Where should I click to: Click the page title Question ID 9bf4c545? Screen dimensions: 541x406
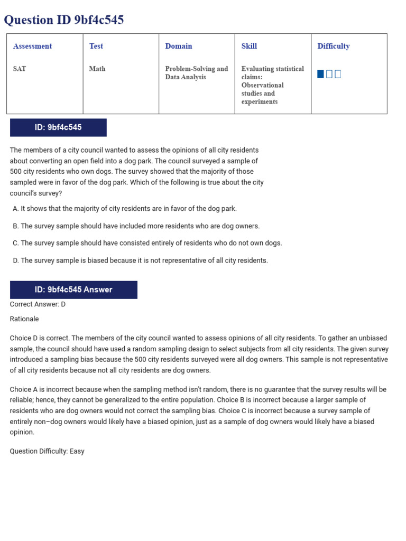(64, 20)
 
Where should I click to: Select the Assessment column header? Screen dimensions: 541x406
(32, 46)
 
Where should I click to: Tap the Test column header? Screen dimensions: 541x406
(96, 46)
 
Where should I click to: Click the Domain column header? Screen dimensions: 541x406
(179, 46)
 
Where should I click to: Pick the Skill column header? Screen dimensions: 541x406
(249, 46)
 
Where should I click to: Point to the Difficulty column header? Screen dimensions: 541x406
(334, 46)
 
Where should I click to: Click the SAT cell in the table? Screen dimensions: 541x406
(20, 69)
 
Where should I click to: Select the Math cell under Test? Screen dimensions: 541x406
(97, 69)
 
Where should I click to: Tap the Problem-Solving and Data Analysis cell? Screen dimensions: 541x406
(196, 73)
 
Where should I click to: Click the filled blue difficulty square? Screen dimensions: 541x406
(320, 74)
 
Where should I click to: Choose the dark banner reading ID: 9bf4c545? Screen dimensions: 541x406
(58, 128)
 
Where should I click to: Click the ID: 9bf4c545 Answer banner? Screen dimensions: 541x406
(73, 290)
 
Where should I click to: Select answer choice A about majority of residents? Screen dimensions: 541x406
(125, 209)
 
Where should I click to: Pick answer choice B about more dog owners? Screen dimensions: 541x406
(136, 226)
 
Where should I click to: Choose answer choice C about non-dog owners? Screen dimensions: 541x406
(147, 243)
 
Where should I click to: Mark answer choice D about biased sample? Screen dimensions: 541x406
(140, 260)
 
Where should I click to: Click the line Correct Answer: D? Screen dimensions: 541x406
(38, 304)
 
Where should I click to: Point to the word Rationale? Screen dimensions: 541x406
(24, 319)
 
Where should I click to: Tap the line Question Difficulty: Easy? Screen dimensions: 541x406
(47, 451)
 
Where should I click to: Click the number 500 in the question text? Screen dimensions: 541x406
(16, 172)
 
